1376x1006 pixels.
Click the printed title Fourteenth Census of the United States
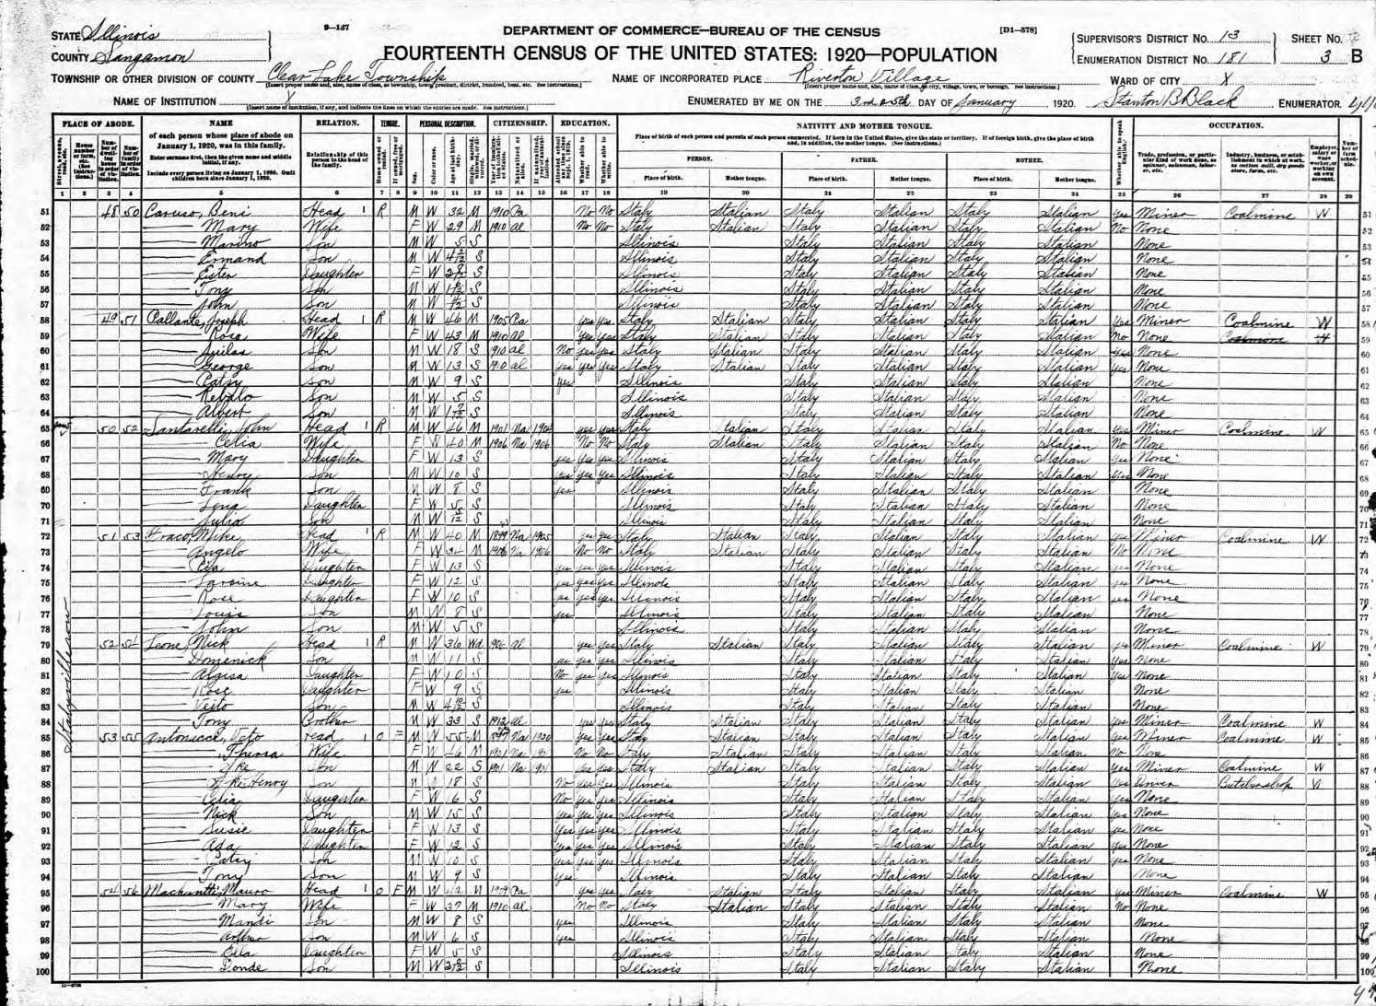click(690, 53)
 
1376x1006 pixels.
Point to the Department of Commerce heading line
click(691, 30)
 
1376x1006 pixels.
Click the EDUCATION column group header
click(587, 123)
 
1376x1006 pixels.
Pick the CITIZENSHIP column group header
click(521, 123)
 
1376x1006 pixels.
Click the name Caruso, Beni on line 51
click(192, 213)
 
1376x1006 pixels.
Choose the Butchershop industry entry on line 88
click(1254, 783)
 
